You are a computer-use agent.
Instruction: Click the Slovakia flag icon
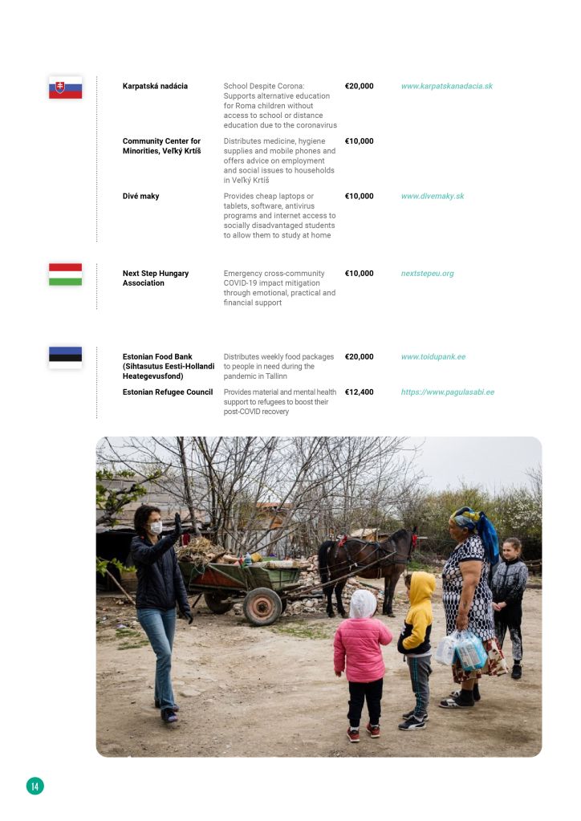pos(65,87)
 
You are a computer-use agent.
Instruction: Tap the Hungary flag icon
pos(65,274)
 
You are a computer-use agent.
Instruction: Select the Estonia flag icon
pos(65,357)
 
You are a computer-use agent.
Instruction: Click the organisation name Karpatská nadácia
pos(155,86)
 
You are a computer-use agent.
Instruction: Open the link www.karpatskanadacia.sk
pos(446,86)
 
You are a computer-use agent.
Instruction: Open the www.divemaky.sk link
pos(432,196)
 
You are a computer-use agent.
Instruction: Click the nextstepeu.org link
pos(427,274)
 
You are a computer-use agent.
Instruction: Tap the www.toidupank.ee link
pos(433,356)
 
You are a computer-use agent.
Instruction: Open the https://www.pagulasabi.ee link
pos(447,392)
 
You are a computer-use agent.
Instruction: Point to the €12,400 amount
pos(359,392)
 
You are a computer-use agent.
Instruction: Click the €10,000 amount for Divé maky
pos(359,196)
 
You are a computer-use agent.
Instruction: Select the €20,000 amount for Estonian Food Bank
pos(359,356)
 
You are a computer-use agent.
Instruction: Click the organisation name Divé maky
pos(140,196)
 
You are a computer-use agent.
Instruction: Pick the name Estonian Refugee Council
pos(168,392)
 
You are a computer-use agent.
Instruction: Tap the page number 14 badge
pos(35,786)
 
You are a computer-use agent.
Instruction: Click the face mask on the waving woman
pos(156,528)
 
